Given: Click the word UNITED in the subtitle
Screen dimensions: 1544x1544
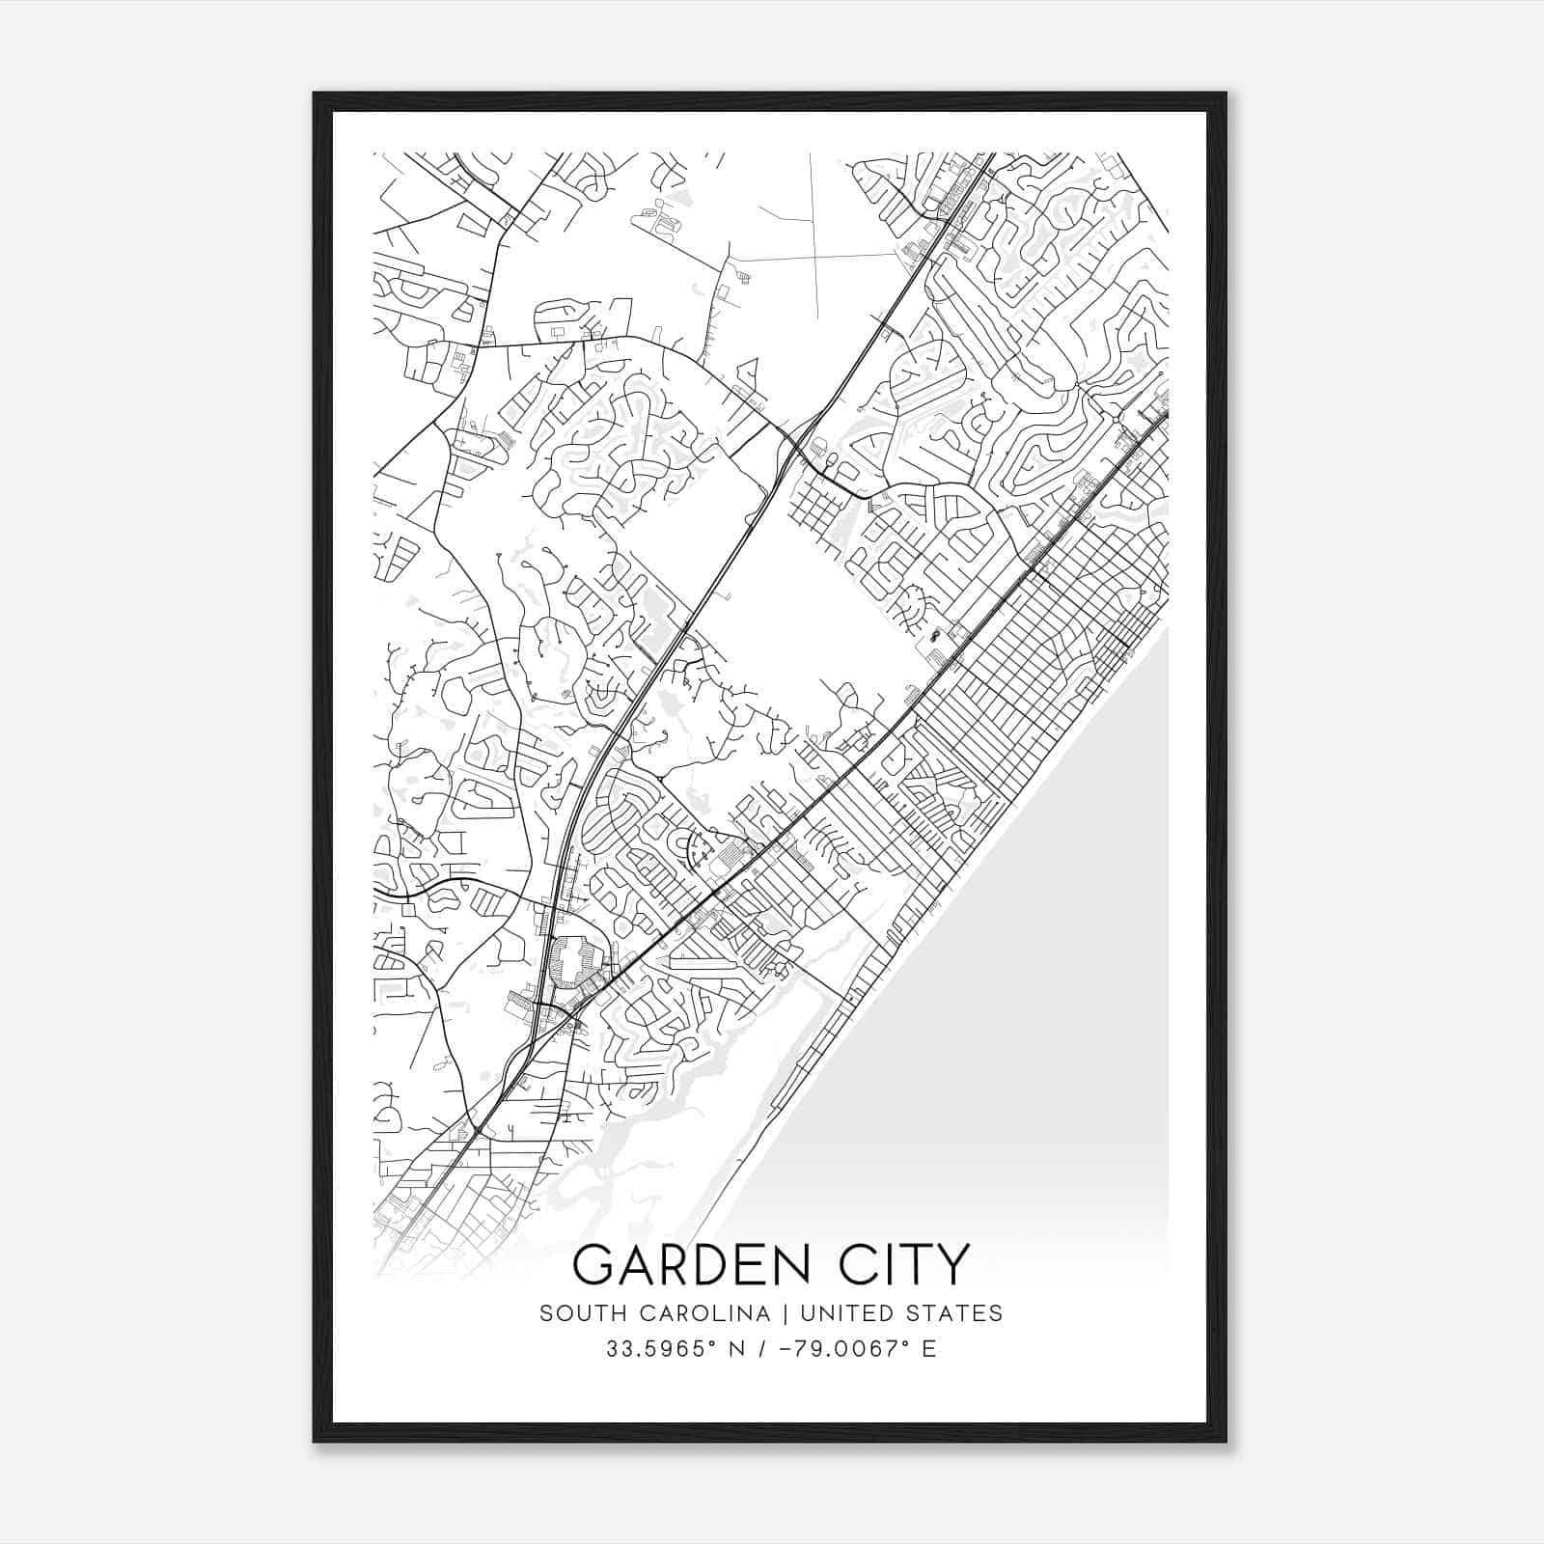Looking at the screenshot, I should pos(845,1313).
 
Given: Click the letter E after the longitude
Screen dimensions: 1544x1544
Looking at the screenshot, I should pos(929,1349).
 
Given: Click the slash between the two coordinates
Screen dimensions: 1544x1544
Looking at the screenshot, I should pos(764,1349).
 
